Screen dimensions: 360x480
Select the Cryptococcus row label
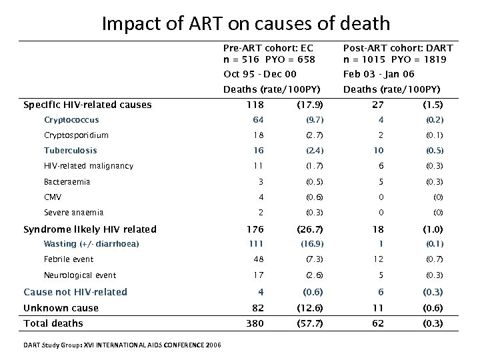point(71,120)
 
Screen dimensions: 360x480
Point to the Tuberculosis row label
point(70,151)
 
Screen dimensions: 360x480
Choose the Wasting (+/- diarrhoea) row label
point(91,243)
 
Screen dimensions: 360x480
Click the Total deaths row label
point(53,323)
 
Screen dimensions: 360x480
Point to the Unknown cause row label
point(61,308)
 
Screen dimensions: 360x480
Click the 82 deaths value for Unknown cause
point(257,308)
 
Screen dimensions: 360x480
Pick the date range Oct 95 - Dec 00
point(260,74)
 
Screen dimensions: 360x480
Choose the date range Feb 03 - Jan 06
point(379,74)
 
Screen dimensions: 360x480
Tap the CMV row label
point(53,197)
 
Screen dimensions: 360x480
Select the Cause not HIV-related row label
point(75,292)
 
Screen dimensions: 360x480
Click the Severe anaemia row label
point(73,213)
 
